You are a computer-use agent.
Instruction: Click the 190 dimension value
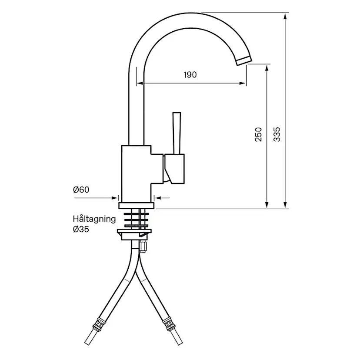190,75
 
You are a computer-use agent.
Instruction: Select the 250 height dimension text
259,134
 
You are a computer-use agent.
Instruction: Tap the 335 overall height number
277,134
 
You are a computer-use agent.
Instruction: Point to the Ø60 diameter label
81,190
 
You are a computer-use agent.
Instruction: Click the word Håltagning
94,219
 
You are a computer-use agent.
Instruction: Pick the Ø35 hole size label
81,229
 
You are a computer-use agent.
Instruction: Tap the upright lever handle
177,133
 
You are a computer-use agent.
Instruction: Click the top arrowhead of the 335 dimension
285,17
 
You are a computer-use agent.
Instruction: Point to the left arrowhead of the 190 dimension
140,83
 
